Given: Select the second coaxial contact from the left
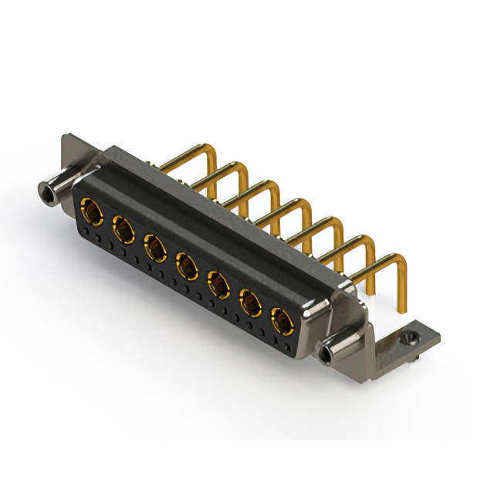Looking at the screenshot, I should click(x=123, y=229).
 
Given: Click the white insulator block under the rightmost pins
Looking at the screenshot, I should click(x=386, y=305).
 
